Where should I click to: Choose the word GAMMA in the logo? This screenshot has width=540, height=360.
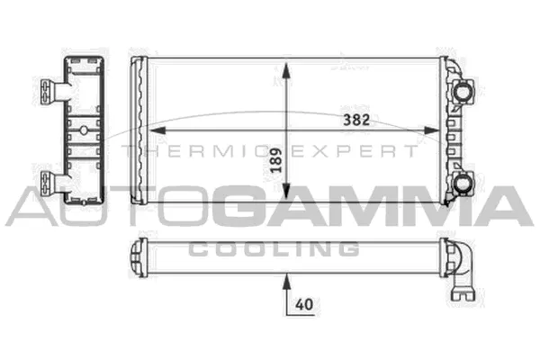click(x=369, y=207)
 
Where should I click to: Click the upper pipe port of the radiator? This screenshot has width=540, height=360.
click(x=465, y=90)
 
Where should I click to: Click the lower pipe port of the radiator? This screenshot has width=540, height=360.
click(x=465, y=184)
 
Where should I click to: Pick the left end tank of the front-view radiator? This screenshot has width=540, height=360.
click(x=139, y=130)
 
